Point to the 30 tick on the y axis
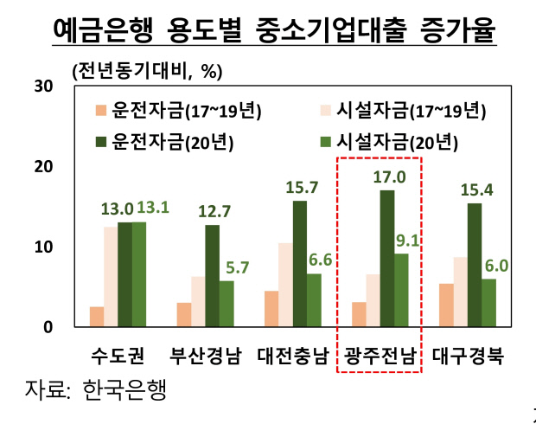pos(43,86)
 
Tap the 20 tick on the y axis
pos(43,166)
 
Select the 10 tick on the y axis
pos(43,247)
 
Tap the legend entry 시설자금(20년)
pos(394,140)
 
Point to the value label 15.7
pos(299,187)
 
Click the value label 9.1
pos(405,240)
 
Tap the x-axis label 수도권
pos(117,355)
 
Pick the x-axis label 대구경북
pos(467,355)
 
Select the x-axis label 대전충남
pos(292,355)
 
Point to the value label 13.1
pos(147,209)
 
